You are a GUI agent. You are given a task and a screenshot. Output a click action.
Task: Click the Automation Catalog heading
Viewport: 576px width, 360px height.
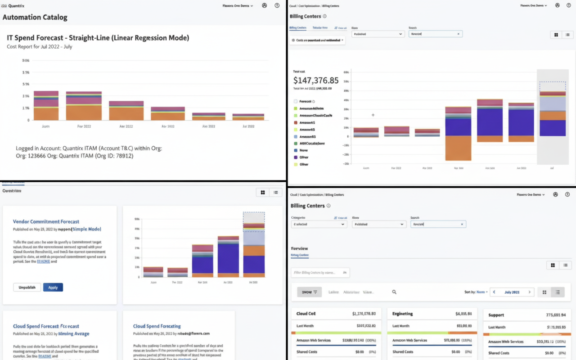click(x=35, y=18)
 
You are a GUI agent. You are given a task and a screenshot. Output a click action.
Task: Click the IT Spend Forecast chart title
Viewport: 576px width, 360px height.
click(x=98, y=38)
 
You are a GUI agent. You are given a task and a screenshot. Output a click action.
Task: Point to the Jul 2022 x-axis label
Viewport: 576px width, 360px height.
click(x=248, y=126)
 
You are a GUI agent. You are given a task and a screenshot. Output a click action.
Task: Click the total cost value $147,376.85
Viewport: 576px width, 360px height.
click(x=315, y=81)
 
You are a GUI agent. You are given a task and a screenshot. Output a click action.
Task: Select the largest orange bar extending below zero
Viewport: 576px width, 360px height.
click(x=458, y=148)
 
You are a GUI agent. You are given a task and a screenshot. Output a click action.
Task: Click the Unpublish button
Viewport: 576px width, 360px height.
click(x=27, y=287)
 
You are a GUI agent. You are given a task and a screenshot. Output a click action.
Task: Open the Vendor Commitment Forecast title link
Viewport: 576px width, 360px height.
click(x=46, y=221)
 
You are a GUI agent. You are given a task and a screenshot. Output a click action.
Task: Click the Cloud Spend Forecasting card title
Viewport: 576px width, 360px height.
click(x=157, y=326)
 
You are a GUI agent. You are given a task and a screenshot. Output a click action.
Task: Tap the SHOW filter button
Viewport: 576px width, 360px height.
click(x=309, y=292)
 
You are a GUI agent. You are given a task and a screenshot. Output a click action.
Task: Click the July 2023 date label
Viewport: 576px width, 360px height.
click(x=512, y=292)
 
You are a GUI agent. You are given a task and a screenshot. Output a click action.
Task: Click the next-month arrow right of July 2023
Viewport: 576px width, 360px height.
click(x=529, y=292)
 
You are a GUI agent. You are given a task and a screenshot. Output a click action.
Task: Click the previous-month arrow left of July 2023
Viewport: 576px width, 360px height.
click(x=494, y=292)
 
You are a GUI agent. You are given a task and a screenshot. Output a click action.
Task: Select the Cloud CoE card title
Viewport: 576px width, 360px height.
click(x=306, y=314)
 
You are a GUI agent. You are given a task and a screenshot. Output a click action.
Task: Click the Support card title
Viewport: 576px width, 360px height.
click(x=496, y=315)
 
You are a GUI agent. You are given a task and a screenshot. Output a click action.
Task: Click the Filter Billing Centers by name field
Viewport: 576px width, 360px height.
click(x=317, y=272)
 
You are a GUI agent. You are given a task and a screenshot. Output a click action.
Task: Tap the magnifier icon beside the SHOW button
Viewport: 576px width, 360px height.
click(x=394, y=292)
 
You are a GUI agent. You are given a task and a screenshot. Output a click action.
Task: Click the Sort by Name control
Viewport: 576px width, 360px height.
click(x=476, y=292)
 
